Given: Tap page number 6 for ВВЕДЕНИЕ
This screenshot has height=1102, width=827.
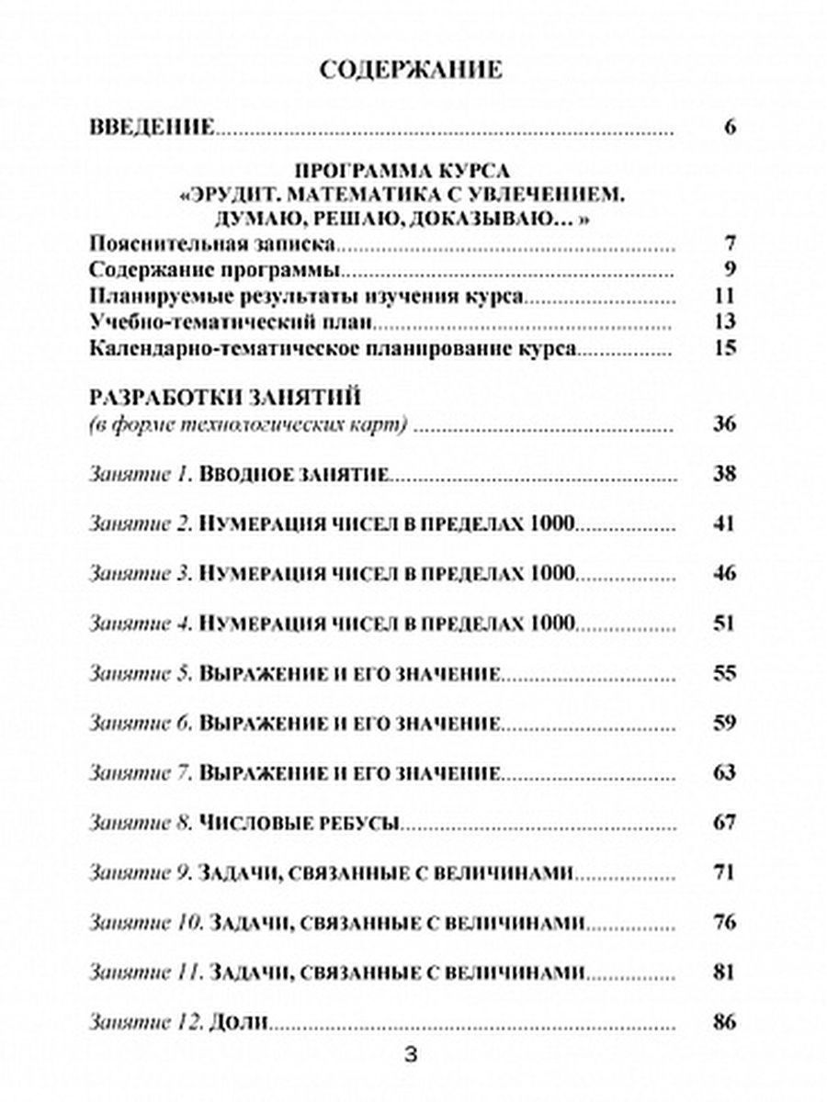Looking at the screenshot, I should [x=731, y=127].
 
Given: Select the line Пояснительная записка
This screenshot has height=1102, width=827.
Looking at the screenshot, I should [x=211, y=244].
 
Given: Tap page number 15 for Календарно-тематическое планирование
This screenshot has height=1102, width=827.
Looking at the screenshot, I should [x=725, y=349].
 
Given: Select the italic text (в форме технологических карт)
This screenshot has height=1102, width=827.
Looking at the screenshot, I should [x=248, y=424].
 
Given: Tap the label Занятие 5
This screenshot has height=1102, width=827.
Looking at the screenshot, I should [x=140, y=674].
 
